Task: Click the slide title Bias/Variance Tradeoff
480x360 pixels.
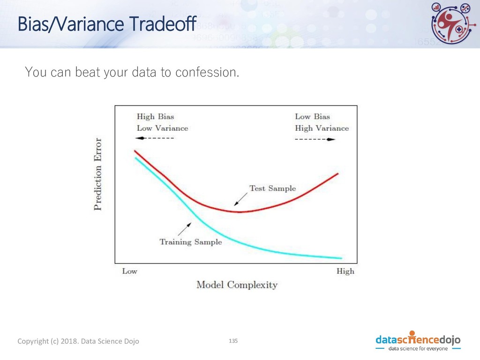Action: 107,24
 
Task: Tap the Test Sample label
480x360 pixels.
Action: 272,188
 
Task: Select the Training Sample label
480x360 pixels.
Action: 191,242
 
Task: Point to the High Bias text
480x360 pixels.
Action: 155,117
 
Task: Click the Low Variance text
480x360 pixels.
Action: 162,128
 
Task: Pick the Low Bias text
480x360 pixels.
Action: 312,117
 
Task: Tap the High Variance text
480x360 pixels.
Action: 322,128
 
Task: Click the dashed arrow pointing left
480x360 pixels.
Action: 155,138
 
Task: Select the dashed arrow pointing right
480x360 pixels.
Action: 315,140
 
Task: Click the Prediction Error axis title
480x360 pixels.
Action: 97,174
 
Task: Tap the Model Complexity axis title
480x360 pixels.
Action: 237,285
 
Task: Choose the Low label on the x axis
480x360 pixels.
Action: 129,271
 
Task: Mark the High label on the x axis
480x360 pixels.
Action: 345,271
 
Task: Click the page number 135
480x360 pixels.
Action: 233,341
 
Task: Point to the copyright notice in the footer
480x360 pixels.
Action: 78,341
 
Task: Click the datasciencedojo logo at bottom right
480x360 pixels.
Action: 418,341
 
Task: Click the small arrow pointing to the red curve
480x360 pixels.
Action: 241,199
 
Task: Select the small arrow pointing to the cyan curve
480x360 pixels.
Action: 185,229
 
